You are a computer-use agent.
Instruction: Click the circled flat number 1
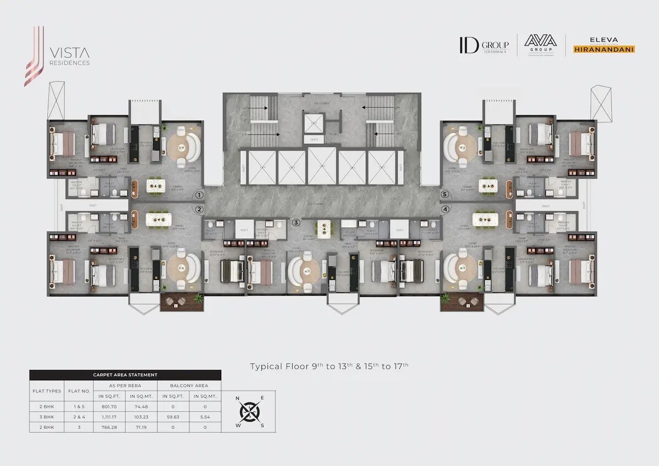tap(199, 195)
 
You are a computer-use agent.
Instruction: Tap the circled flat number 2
tap(199, 209)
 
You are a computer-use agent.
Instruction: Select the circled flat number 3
tap(296, 222)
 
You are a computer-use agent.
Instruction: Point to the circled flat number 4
tap(445, 209)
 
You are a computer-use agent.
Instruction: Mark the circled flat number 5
tap(445, 194)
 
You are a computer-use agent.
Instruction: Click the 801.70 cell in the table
tap(110, 407)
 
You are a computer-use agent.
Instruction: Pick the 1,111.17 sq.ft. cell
tap(110, 417)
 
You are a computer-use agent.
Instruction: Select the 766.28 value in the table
tap(110, 428)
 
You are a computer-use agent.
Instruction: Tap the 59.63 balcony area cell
tap(172, 417)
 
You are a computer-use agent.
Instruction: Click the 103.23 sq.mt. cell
tap(141, 417)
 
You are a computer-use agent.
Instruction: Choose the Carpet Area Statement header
tap(125, 375)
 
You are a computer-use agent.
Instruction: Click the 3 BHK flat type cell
tap(47, 417)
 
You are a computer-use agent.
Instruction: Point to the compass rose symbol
tap(250, 410)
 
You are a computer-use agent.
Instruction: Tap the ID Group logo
tap(484, 46)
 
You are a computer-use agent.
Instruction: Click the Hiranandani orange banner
tap(604, 49)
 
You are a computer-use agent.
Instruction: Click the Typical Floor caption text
tap(329, 366)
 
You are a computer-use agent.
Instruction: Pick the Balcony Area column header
tap(189, 385)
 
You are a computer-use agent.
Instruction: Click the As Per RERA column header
tap(125, 385)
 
